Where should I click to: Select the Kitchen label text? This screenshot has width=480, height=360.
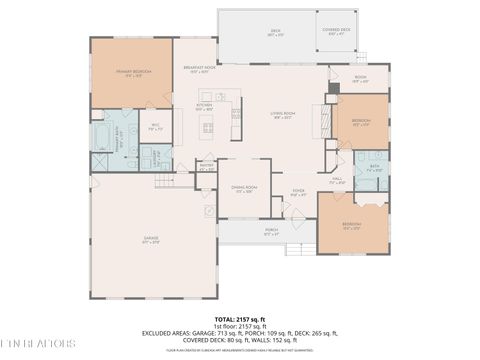point(204,106)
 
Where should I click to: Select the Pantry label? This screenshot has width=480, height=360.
point(206,168)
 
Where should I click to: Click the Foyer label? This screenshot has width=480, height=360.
point(298,192)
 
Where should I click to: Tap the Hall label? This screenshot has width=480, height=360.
point(337,180)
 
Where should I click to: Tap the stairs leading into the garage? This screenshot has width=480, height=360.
point(165,182)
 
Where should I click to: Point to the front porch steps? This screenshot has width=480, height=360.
point(297,248)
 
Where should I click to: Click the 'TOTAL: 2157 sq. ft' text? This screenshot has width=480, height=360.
point(239,319)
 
